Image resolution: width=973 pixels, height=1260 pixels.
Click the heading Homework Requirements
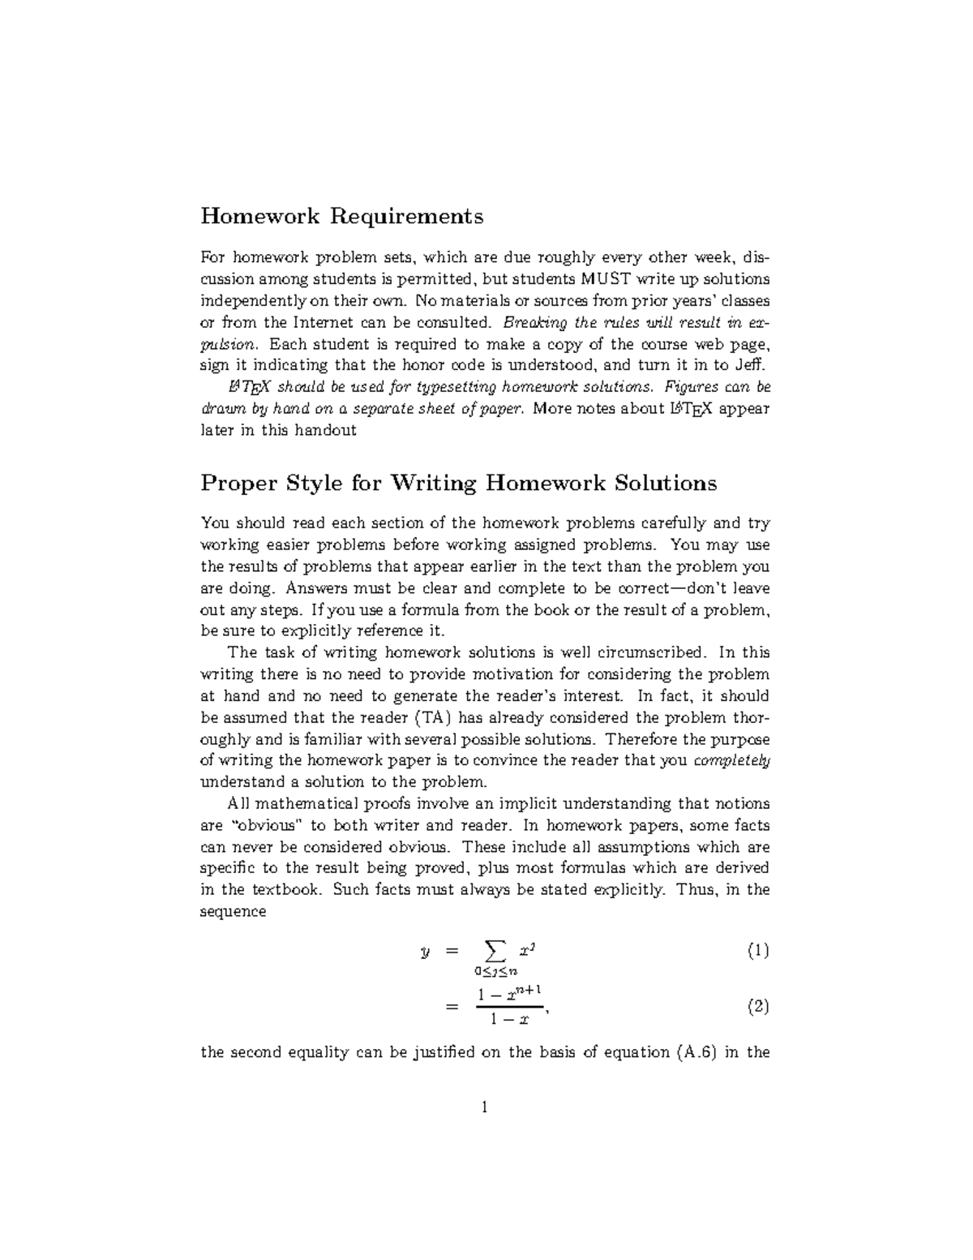click(x=341, y=217)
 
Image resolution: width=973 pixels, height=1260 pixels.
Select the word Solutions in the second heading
click(x=667, y=484)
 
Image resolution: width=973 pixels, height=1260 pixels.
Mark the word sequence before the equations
click(x=233, y=911)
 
